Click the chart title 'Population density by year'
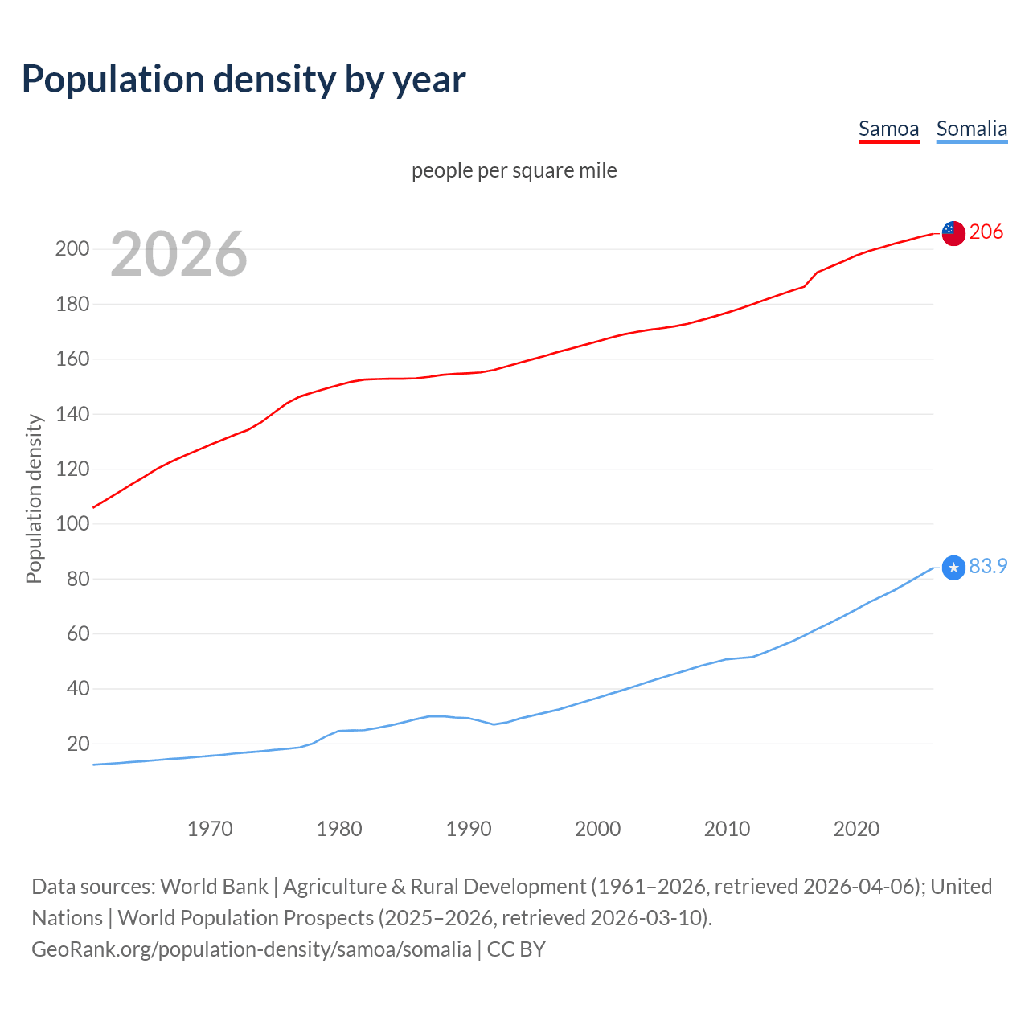(x=244, y=80)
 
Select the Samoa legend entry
(x=888, y=129)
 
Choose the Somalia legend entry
(x=971, y=129)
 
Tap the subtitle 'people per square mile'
(x=514, y=171)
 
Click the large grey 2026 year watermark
(x=178, y=254)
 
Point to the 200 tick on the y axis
(x=72, y=249)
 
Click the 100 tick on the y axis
(x=72, y=524)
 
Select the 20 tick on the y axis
(x=78, y=744)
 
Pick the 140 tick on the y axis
(x=72, y=415)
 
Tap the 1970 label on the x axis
(x=210, y=829)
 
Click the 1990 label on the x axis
(x=469, y=829)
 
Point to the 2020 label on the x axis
(x=856, y=829)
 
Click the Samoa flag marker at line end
(x=953, y=233)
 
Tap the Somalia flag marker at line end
(x=953, y=568)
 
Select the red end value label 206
(x=986, y=232)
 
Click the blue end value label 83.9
(x=988, y=567)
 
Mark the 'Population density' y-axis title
(x=34, y=498)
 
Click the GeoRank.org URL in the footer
(x=252, y=949)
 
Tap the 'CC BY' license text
(x=516, y=949)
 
